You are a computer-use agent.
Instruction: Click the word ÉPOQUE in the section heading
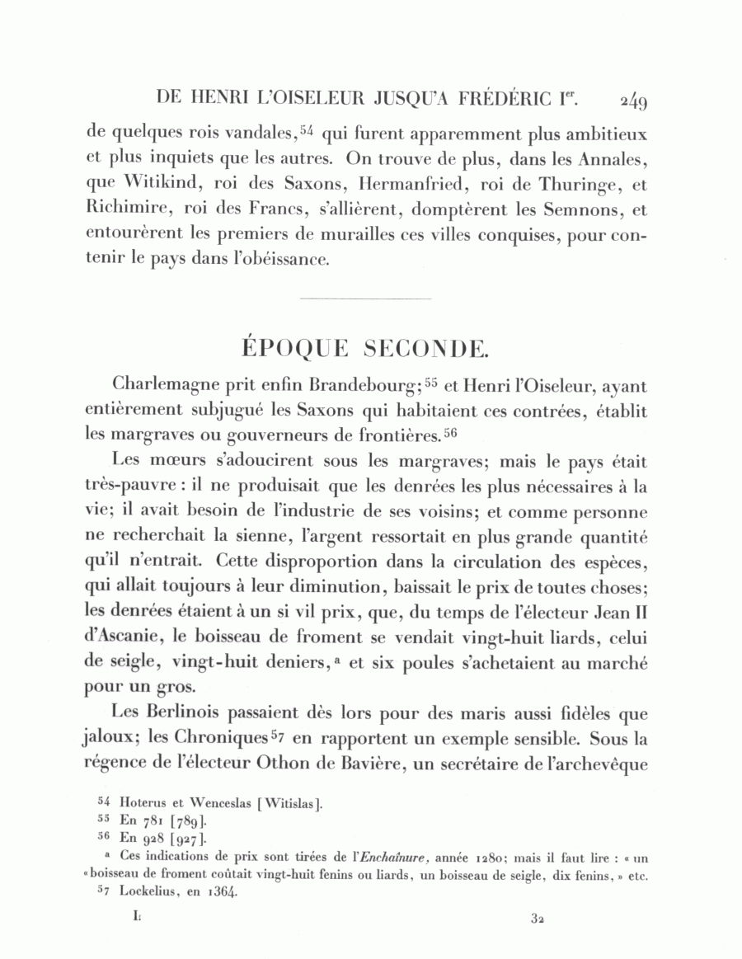click(292, 348)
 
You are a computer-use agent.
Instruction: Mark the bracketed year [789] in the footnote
click(183, 821)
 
